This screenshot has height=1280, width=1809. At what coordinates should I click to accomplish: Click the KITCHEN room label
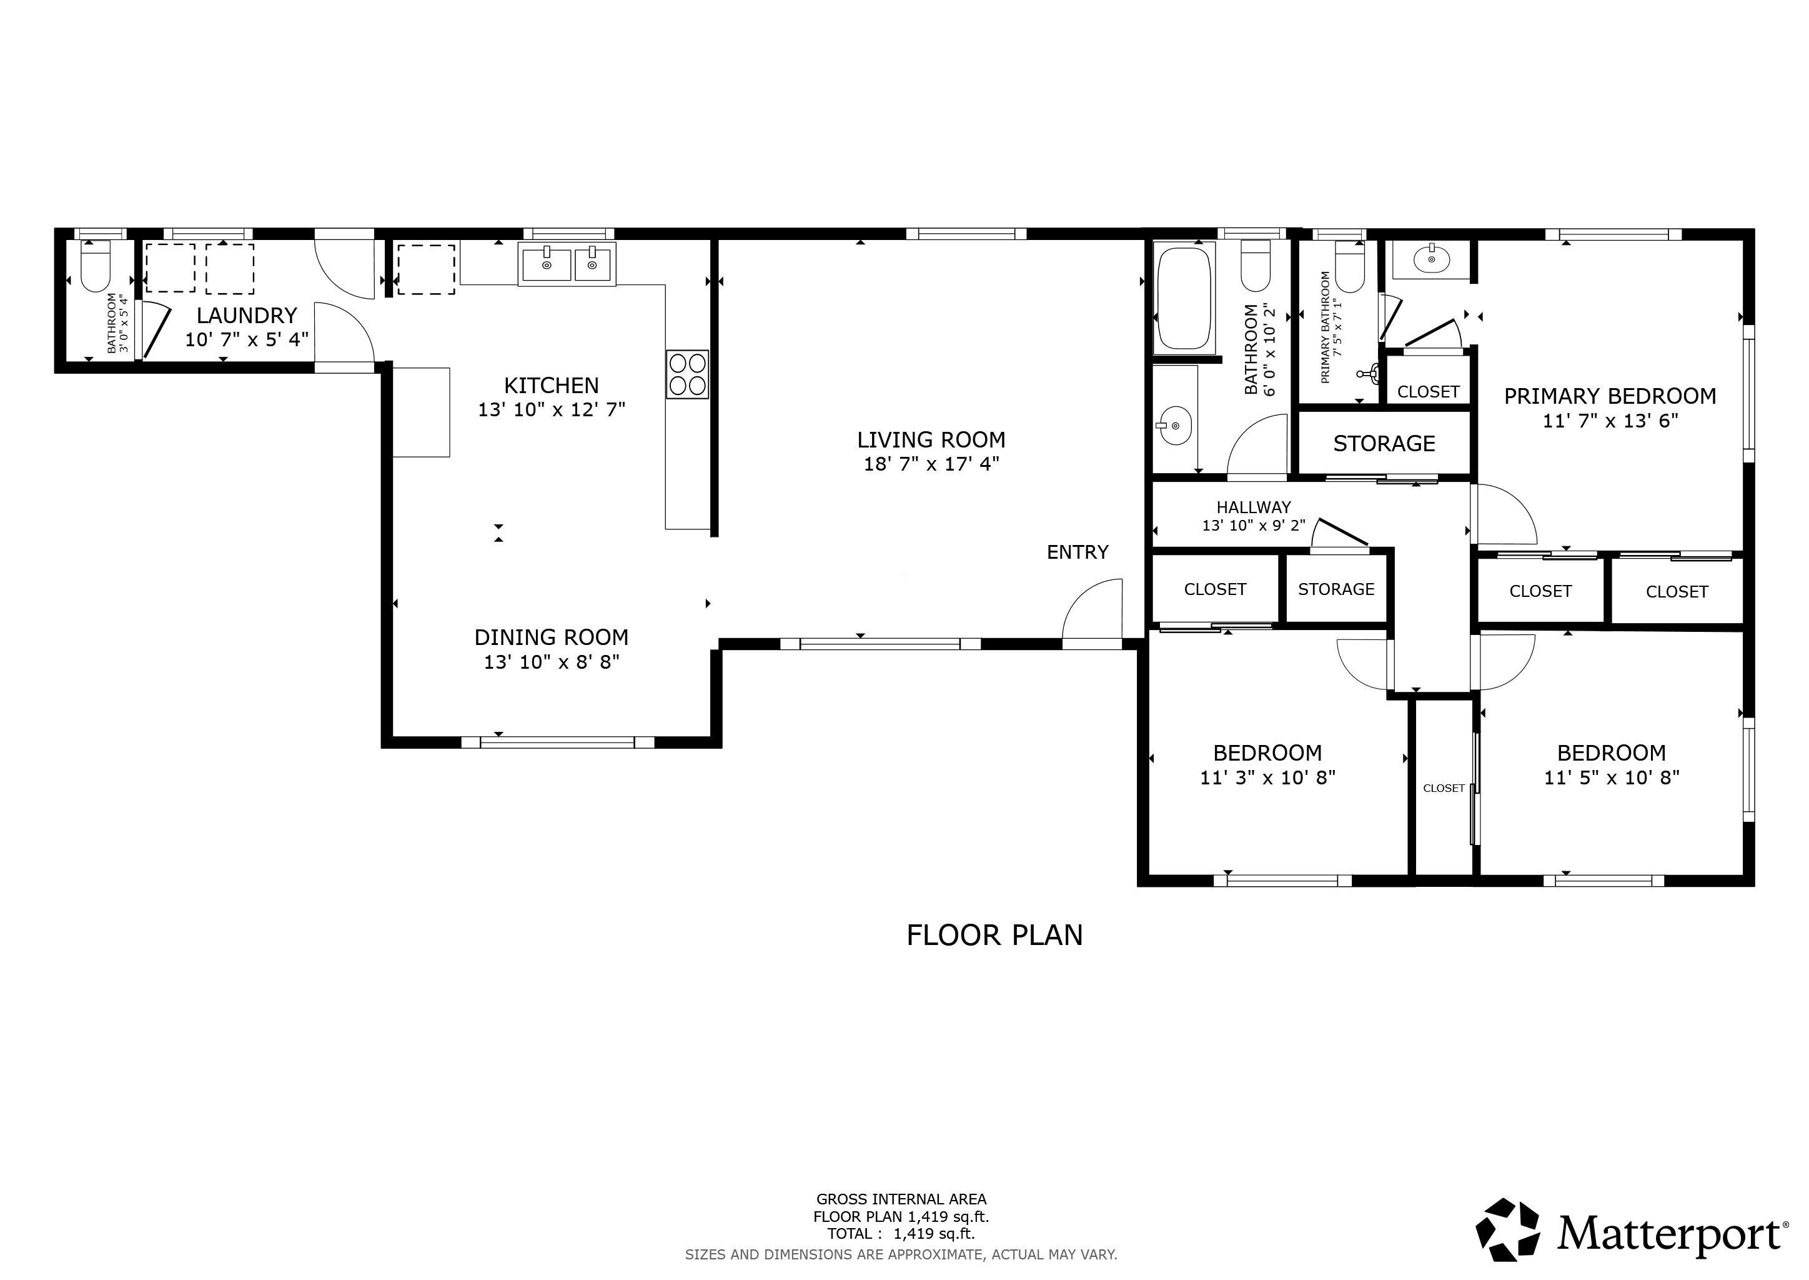pyautogui.click(x=552, y=386)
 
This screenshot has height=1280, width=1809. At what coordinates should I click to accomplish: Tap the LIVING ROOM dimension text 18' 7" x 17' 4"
pyautogui.click(x=931, y=464)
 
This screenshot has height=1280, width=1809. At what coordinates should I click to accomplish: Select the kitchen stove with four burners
pyautogui.click(x=687, y=374)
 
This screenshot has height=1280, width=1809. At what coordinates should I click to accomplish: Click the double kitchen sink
pyautogui.click(x=567, y=264)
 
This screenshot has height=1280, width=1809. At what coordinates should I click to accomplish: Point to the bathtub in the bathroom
pyautogui.click(x=1184, y=298)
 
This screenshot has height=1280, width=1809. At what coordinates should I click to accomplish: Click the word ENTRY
pyautogui.click(x=1078, y=552)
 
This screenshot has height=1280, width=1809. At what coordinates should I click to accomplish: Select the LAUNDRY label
pyautogui.click(x=247, y=315)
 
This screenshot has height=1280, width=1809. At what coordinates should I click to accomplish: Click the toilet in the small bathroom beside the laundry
pyautogui.click(x=96, y=266)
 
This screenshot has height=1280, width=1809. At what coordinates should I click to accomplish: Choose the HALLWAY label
pyautogui.click(x=1254, y=507)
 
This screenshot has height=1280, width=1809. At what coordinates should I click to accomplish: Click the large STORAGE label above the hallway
pyautogui.click(x=1384, y=444)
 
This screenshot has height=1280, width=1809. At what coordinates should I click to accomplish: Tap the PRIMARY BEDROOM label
pyautogui.click(x=1610, y=396)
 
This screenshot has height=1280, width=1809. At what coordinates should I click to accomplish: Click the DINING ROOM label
pyautogui.click(x=552, y=637)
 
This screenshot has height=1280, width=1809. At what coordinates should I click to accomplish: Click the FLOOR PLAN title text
pyautogui.click(x=994, y=935)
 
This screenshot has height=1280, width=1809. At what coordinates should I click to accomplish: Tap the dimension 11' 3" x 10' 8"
pyautogui.click(x=1267, y=777)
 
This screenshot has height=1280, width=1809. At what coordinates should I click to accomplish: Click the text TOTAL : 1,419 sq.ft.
pyautogui.click(x=901, y=1234)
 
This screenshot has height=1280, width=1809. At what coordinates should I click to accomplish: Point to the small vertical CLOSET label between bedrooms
pyautogui.click(x=1444, y=788)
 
